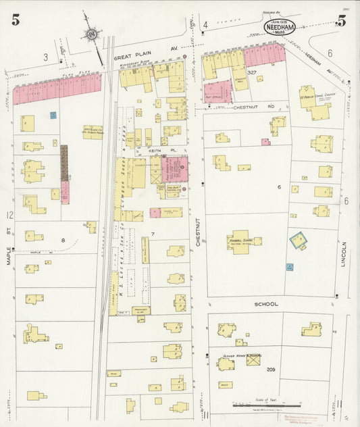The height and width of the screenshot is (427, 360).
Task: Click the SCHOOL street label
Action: [x=266, y=305]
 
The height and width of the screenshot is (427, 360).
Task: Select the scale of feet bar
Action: [x=258, y=406]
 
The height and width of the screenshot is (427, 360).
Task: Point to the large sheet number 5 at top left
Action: [x=15, y=20]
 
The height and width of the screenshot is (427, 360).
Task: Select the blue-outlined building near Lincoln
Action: [x=298, y=238]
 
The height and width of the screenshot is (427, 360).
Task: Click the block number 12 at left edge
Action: [x=9, y=216]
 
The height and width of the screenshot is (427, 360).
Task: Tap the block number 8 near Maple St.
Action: [x=63, y=240]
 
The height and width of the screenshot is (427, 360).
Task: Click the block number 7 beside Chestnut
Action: [x=153, y=234]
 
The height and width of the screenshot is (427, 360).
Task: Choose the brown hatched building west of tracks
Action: [x=65, y=162]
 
